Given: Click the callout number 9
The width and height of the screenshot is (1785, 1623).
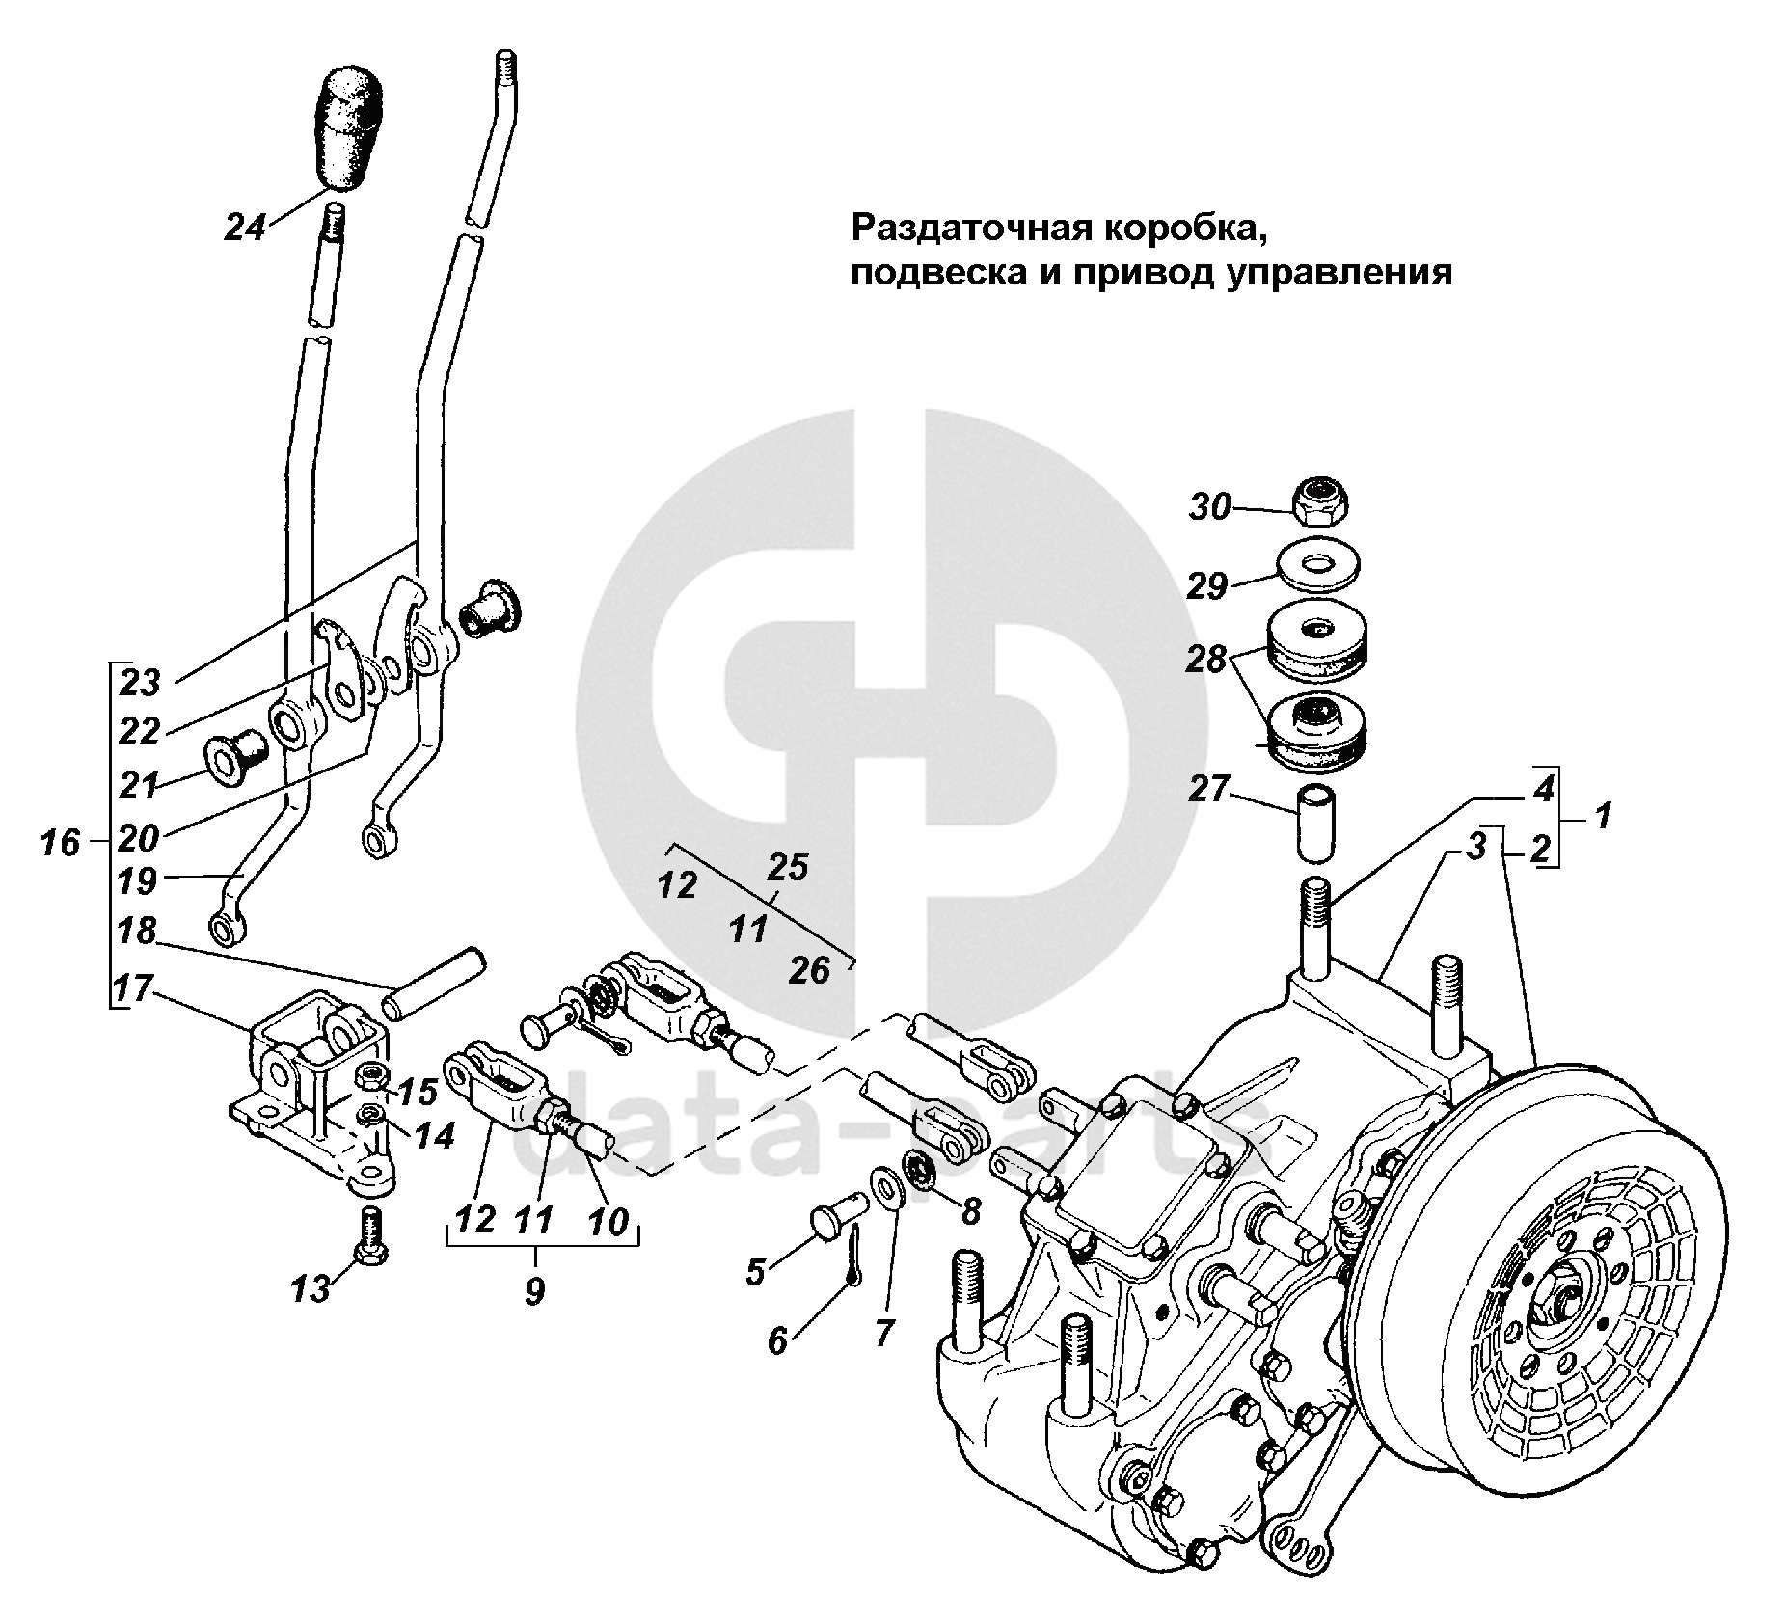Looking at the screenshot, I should point(535,1290).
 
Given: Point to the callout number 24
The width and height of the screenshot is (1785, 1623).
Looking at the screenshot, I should point(245,228).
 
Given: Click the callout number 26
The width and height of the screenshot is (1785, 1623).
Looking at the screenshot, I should point(809,971).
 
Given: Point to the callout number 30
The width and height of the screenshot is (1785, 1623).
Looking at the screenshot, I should point(1209,506).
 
